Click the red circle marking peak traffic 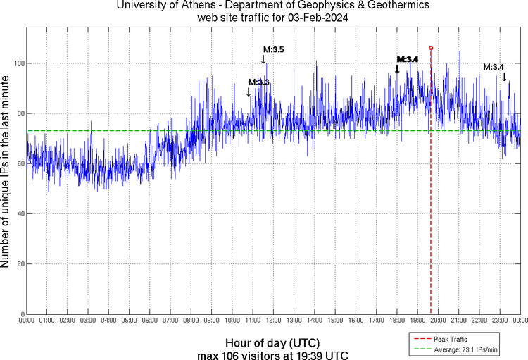coord(431,48)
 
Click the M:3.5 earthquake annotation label coord(274,49)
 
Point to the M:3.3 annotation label coord(259,82)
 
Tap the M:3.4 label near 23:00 coord(494,67)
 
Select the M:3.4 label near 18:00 coord(408,59)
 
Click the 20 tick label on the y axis coord(18,264)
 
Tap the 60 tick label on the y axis coord(18,164)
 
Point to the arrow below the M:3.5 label coord(263,59)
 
